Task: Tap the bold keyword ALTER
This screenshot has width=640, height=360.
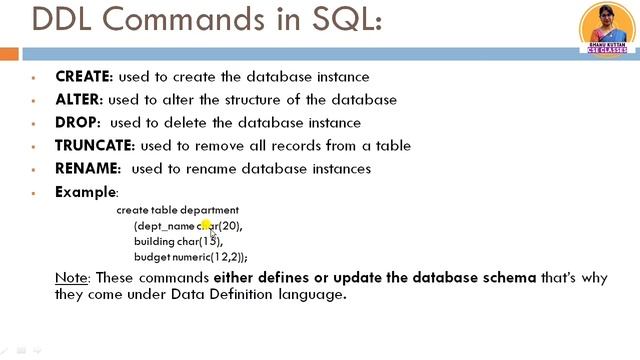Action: pos(77,100)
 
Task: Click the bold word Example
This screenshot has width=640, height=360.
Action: pos(85,192)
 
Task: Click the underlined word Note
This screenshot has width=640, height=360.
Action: pos(69,277)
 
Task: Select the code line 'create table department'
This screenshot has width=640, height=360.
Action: pos(177,210)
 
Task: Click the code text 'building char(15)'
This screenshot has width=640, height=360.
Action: pos(178,241)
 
